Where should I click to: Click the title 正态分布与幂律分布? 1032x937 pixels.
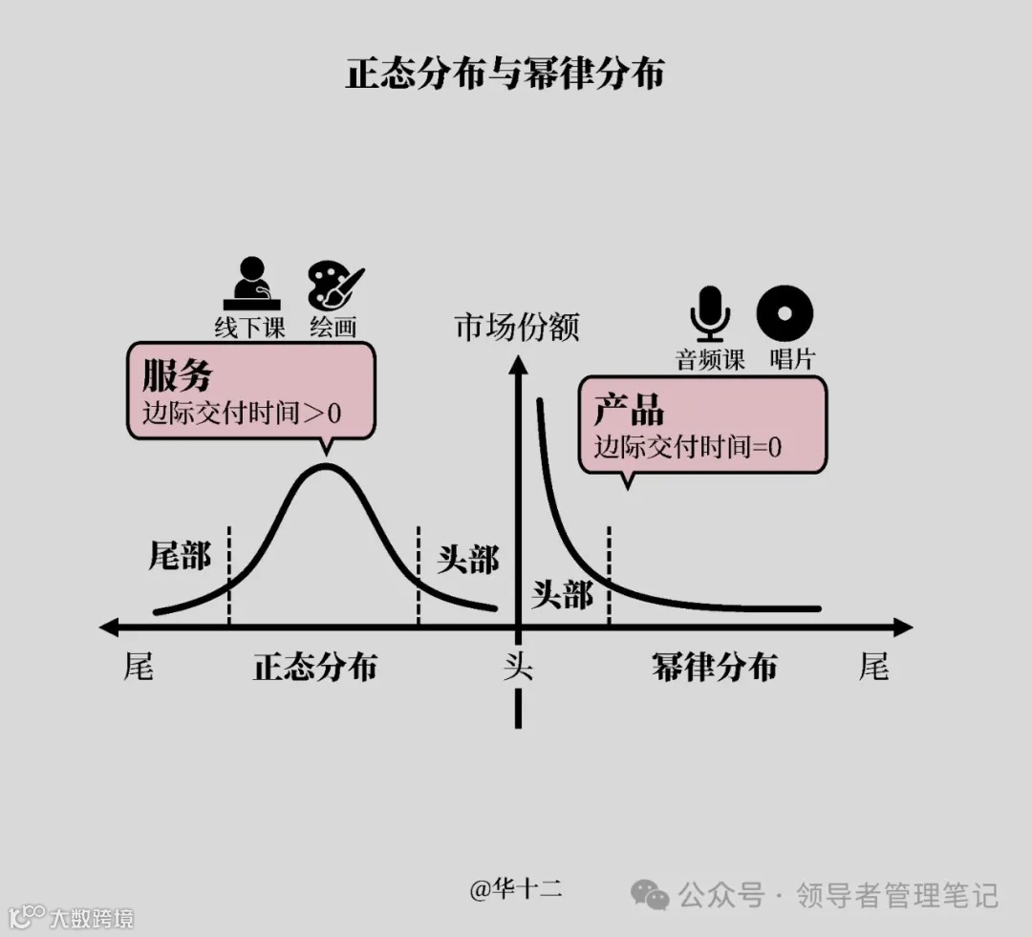click(x=505, y=74)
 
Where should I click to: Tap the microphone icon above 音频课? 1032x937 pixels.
click(x=710, y=311)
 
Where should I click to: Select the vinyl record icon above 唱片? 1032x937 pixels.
click(x=785, y=311)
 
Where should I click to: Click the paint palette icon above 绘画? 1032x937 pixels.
click(x=334, y=285)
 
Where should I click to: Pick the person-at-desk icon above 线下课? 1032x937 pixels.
click(x=250, y=284)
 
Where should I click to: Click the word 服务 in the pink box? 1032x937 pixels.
click(x=177, y=375)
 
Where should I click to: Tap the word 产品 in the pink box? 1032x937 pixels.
click(x=629, y=410)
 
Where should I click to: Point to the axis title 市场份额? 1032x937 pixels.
click(x=517, y=328)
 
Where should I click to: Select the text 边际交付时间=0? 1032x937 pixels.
click(x=688, y=446)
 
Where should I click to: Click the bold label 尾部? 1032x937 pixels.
click(x=180, y=555)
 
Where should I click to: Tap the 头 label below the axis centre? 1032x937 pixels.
click(x=518, y=667)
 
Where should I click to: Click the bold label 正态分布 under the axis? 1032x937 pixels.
click(x=314, y=667)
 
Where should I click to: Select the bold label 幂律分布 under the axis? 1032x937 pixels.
click(x=714, y=667)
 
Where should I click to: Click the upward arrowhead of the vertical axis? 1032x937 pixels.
click(x=518, y=365)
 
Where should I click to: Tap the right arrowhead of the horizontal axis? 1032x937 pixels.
click(x=902, y=628)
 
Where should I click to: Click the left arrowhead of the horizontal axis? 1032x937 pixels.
click(x=109, y=628)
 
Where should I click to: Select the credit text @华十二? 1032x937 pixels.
click(x=516, y=889)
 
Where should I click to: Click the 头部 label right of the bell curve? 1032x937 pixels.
click(x=467, y=560)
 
